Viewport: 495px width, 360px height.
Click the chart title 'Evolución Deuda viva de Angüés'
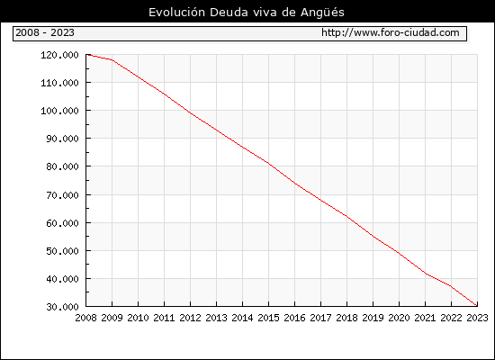pos(247,13)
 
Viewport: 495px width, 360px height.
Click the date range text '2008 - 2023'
pos(45,32)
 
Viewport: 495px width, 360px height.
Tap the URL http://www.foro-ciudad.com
pos(391,32)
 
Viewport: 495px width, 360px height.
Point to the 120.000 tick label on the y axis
pos(59,55)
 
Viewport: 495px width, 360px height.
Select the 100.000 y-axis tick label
pos(59,111)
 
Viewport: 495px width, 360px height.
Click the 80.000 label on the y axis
pos(62,166)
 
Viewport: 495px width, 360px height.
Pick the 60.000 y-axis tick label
pos(62,223)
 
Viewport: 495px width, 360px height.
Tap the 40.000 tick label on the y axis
pos(62,279)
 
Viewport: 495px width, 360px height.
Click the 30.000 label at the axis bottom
pos(62,307)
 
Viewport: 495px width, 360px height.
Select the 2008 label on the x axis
pos(85,318)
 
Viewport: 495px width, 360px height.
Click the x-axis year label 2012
pos(191,318)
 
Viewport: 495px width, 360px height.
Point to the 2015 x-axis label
pos(269,318)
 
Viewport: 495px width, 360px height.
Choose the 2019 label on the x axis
pos(373,318)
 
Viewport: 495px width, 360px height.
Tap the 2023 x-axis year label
pos(477,318)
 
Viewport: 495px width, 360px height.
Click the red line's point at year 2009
pos(112,60)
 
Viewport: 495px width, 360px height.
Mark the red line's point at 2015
pos(269,163)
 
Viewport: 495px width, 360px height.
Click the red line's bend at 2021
pos(425,274)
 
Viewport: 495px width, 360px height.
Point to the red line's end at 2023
pos(477,305)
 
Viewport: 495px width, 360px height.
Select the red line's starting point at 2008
pos(86,55)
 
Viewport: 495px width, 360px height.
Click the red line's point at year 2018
pos(346,216)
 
